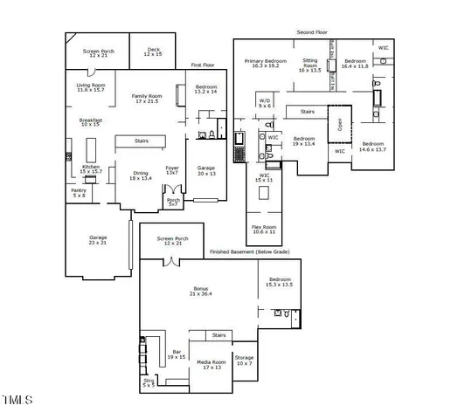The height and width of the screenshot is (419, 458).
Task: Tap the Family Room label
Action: tap(147, 99)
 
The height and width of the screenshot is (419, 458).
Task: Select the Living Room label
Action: tap(90, 86)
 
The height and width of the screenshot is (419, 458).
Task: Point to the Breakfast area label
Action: tap(91, 122)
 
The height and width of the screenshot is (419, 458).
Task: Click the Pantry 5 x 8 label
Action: tap(79, 193)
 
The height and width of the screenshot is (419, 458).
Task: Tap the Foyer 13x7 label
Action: tap(173, 170)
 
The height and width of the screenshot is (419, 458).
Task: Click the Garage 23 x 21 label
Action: tap(97, 240)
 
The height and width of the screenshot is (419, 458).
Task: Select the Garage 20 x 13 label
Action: tap(205, 170)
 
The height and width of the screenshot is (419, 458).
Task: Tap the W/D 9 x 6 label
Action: tap(265, 103)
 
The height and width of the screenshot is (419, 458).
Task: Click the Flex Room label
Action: tap(265, 230)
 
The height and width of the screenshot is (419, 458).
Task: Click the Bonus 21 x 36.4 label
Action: tap(201, 291)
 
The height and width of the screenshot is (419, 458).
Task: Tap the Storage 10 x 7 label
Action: tap(244, 360)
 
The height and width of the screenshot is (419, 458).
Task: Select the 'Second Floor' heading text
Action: tap(311, 31)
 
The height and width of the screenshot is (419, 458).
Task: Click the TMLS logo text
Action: tap(17, 401)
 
